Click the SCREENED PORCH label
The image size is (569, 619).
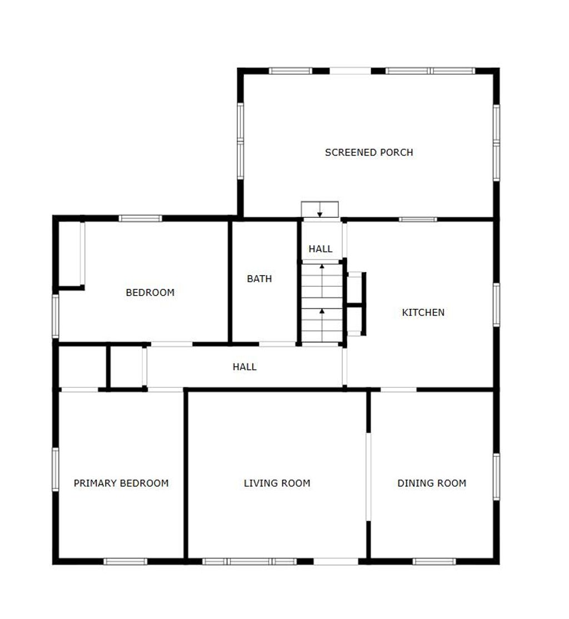[369, 152]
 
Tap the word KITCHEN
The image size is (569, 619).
[423, 313]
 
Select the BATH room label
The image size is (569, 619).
[259, 279]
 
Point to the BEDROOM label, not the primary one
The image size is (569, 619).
[150, 292]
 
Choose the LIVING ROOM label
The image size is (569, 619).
[277, 483]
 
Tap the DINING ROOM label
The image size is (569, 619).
[432, 483]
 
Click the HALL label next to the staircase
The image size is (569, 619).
[320, 249]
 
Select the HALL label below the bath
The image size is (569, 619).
[244, 367]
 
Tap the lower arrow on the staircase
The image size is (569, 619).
[322, 325]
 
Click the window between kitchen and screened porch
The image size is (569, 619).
[418, 219]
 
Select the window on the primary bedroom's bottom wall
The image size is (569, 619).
[126, 561]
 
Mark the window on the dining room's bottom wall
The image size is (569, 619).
[434, 561]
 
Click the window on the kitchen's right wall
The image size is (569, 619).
[496, 304]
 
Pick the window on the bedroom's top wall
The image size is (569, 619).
[140, 218]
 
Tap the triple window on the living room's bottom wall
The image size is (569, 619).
[249, 561]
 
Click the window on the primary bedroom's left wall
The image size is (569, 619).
[56, 470]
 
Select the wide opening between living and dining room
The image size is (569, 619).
[368, 477]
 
